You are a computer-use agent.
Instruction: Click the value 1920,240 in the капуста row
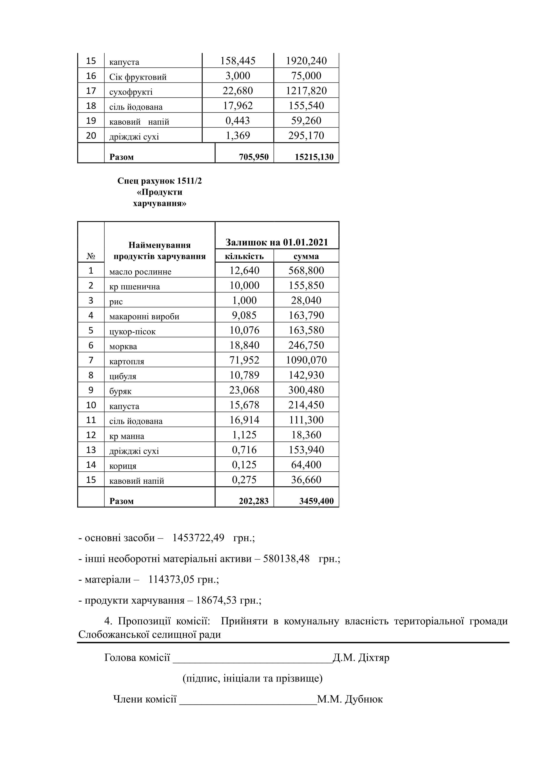(x=306, y=61)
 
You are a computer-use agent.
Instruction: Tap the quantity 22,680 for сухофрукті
(x=238, y=91)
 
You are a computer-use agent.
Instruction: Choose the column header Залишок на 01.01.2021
(x=277, y=242)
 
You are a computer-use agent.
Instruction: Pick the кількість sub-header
(x=244, y=256)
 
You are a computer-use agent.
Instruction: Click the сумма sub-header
(x=306, y=256)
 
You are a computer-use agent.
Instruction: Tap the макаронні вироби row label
(x=144, y=316)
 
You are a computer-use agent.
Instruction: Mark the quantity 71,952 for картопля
(x=244, y=360)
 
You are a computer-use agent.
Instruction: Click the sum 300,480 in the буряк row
(x=306, y=390)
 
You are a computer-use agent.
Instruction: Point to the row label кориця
(x=123, y=466)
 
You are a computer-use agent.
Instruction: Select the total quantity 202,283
(x=254, y=501)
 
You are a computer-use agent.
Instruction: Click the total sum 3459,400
(x=316, y=501)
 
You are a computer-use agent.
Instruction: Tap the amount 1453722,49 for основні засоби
(x=198, y=538)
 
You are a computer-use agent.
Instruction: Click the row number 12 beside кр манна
(x=91, y=435)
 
